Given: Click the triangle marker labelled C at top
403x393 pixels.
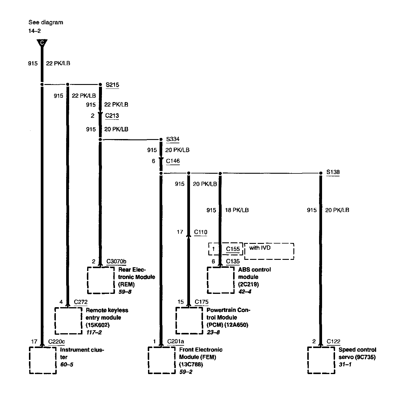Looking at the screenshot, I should [42, 43].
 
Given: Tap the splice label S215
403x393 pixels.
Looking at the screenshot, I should [112, 85].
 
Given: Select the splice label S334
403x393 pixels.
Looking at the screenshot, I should [173, 139].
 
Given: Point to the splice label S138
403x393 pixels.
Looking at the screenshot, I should [333, 172].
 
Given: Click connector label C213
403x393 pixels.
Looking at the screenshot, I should [112, 115].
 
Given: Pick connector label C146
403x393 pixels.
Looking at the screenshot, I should [173, 161].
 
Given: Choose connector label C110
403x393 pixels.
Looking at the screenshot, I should [201, 232].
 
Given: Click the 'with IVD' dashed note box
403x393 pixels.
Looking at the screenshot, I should [269, 251].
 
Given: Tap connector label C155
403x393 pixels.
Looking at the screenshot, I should [233, 249].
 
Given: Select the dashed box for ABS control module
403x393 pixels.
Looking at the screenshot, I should [221, 280].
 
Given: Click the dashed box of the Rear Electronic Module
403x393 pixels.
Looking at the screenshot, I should [101, 280].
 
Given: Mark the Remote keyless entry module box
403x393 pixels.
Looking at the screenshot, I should [68, 320].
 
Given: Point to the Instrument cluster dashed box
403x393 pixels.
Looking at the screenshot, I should [43, 360].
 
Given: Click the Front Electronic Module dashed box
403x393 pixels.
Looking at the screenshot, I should [161, 360].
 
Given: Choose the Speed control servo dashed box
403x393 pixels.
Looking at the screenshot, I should [321, 360].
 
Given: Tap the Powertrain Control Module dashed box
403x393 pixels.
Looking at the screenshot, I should [189, 320].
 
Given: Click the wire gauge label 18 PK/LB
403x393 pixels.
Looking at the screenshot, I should [237, 210].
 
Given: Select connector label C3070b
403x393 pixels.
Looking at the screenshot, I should [116, 261].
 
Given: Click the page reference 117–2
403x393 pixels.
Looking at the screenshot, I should [94, 332].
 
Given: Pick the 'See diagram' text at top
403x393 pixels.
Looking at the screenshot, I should [45, 22].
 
